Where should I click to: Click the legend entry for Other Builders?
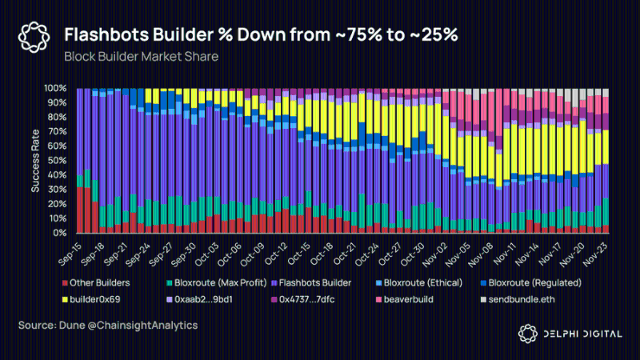tap(96, 283)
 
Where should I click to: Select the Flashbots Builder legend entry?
tap(311, 283)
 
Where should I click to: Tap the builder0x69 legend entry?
tap(91, 299)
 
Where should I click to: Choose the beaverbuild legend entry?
tap(405, 299)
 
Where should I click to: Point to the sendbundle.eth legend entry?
tap(518, 299)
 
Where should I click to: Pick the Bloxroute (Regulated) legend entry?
tap(531, 283)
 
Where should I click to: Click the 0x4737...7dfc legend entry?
tap(303, 299)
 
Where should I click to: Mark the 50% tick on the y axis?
tap(57, 161)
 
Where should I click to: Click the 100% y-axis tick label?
tap(55, 88)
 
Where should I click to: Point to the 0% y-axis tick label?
tap(59, 233)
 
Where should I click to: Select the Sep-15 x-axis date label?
tap(70, 254)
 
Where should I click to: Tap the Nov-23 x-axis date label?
tap(596, 254)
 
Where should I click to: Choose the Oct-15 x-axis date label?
tap(299, 254)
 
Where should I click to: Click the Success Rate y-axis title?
tap(35, 161)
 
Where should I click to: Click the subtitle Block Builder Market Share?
tap(142, 56)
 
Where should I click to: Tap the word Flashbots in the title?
tap(106, 34)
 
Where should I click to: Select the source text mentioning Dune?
tap(108, 326)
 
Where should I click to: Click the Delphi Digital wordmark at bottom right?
tap(583, 334)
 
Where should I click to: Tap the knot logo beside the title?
tap(34, 38)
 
